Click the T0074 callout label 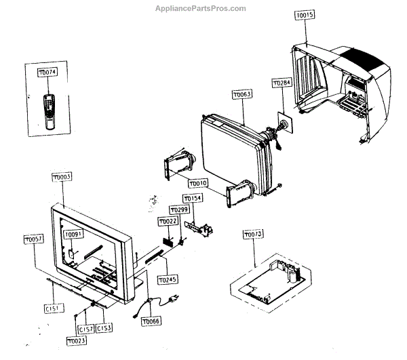pos(47,73)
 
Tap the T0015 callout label pos(305,15)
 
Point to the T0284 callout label pos(282,83)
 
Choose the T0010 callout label pos(197,183)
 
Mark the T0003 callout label pos(62,176)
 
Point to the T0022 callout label pos(167,222)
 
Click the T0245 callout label pos(166,279)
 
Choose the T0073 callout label pos(253,235)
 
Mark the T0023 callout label pos(76,341)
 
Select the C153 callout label pos(104,328)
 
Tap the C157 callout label pos(86,329)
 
